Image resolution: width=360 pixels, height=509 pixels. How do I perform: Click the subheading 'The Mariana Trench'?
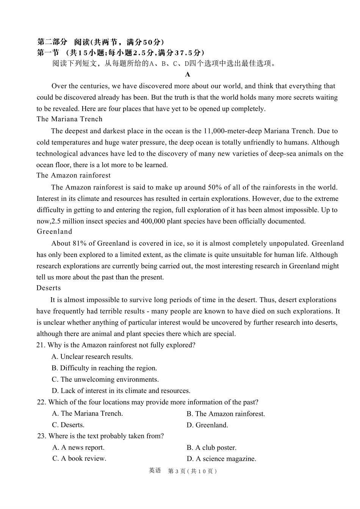(69, 119)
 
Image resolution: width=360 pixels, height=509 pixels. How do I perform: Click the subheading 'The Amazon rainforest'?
(74, 175)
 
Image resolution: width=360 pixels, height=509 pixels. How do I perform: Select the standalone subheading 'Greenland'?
(54, 232)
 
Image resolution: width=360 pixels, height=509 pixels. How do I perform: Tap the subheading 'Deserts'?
(49, 288)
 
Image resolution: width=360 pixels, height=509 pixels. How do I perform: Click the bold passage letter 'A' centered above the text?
(188, 75)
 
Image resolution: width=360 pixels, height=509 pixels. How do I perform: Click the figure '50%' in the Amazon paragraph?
(215, 187)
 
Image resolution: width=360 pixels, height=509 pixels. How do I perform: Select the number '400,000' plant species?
(153, 221)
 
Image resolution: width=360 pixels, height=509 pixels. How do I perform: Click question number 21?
(41, 345)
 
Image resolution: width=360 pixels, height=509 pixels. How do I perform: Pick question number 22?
(41, 402)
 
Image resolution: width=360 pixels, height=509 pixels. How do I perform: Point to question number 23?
(41, 436)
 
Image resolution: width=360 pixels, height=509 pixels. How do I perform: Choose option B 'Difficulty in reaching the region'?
(104, 368)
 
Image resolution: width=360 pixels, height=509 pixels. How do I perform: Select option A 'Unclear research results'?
(92, 357)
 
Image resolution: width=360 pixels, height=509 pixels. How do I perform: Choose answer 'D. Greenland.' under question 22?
(207, 425)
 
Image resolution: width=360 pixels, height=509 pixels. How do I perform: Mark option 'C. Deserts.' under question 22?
(68, 425)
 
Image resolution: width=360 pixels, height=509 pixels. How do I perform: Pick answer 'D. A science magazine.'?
(221, 459)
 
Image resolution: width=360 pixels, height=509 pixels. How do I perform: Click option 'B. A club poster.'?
(211, 448)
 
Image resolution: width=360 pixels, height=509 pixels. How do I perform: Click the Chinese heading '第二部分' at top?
(52, 42)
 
